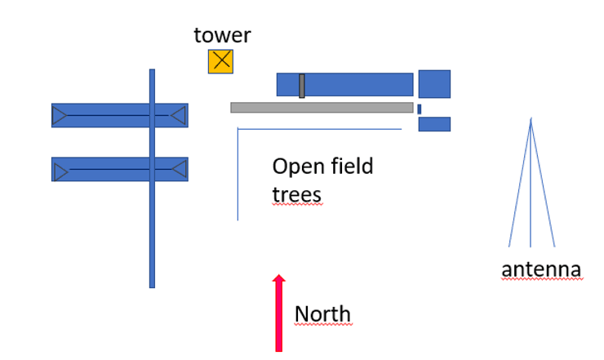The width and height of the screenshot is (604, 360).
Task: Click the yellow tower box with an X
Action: click(220, 62)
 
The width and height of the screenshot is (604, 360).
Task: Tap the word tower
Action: click(222, 35)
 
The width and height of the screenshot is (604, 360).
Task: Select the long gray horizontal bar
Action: click(322, 107)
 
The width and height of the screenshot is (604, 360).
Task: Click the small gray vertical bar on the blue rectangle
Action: click(301, 86)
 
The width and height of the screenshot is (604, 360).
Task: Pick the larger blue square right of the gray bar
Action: click(434, 84)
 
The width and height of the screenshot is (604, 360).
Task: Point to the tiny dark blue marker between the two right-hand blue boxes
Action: click(420, 109)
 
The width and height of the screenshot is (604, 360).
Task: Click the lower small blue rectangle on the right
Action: click(434, 124)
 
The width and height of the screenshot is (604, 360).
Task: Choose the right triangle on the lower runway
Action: click(179, 170)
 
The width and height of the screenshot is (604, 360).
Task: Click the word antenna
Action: click(541, 269)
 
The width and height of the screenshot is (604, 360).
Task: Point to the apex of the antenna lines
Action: click(531, 120)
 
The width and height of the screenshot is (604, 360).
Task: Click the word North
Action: click(322, 314)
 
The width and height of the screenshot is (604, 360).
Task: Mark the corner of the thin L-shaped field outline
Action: click(238, 129)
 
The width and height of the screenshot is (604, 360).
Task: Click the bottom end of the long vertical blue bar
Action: click(152, 285)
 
